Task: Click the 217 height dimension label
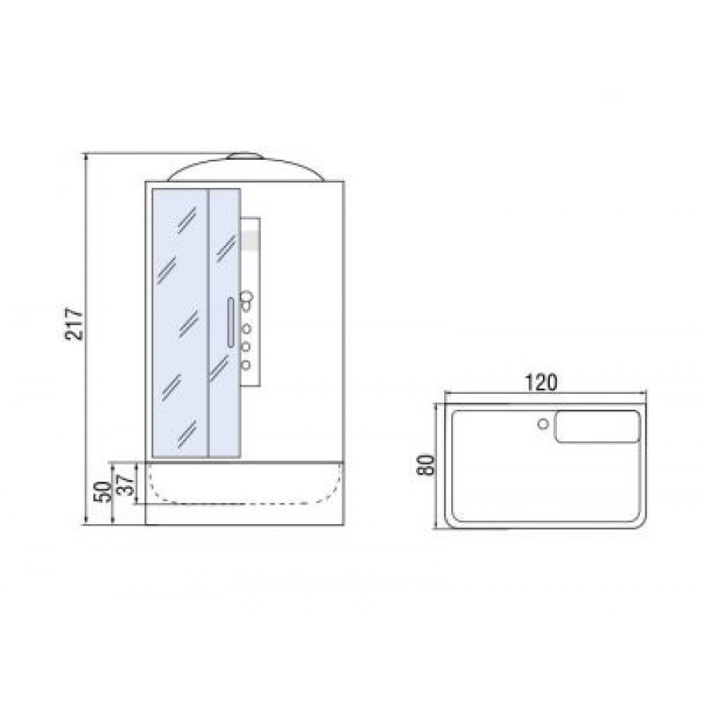click(74, 324)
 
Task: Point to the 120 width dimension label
click(540, 382)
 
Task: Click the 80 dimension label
click(425, 465)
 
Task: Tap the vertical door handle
click(230, 322)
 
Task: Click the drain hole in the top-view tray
click(543, 424)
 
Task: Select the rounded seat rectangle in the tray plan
click(598, 427)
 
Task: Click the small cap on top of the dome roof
click(245, 156)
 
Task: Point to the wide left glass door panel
click(180, 324)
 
